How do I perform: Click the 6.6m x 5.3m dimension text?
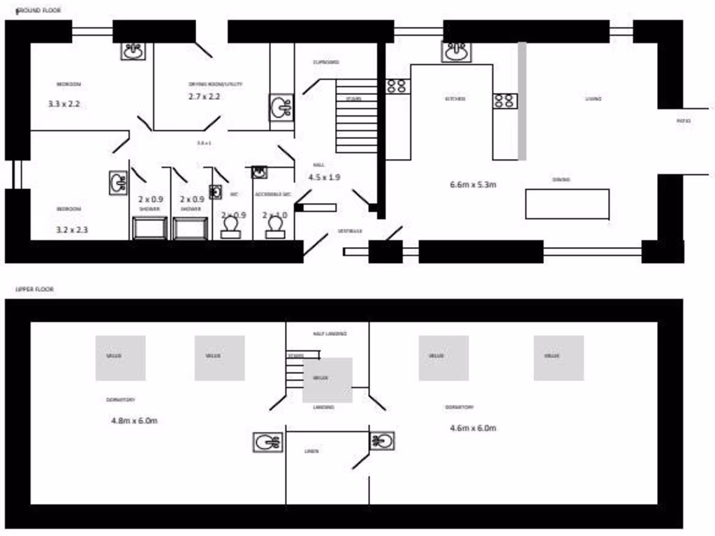point(473,185)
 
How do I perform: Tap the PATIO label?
point(684,121)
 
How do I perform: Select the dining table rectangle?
point(567,204)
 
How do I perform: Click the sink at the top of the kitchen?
point(457,51)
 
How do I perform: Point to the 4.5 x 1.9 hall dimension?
point(324,177)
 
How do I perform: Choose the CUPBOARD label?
point(325,63)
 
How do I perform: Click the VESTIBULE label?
point(350,230)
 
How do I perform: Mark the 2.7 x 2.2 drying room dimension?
point(204,96)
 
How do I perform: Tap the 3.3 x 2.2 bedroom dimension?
point(64,103)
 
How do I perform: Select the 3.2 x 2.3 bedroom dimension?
point(72,229)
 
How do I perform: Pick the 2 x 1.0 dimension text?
point(274,216)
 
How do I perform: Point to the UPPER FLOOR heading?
point(35,288)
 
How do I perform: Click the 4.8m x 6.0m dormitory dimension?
point(134,420)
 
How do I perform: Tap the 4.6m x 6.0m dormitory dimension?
point(473,427)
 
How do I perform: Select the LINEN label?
point(311,452)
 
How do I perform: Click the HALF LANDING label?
point(330,334)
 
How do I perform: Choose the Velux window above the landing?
point(327,379)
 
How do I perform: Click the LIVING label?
point(594,99)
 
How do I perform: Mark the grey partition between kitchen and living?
point(522,101)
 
